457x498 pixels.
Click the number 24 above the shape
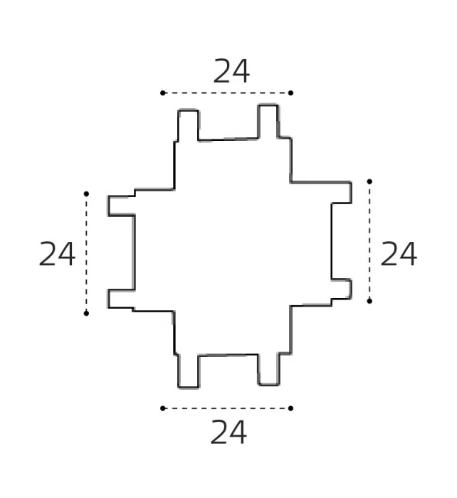click(x=231, y=71)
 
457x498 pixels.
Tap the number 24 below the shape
click(x=228, y=432)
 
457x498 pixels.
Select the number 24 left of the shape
click(x=57, y=254)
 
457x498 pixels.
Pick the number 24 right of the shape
click(x=399, y=254)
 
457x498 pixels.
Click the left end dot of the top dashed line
click(x=163, y=93)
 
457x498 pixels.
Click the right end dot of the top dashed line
click(x=291, y=93)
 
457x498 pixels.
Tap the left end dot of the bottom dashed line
click(x=163, y=408)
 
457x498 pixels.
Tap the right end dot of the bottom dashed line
click(x=291, y=408)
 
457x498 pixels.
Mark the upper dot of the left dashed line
click(x=86, y=194)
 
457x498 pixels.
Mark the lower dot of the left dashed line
click(x=86, y=314)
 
